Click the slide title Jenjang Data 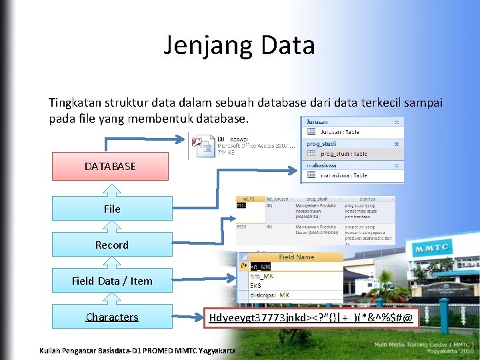pos(239,45)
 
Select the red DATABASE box pos(110,166)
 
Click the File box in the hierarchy pos(112,209)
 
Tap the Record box pos(112,245)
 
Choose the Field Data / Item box pos(112,281)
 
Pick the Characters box pos(112,317)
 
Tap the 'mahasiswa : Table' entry pos(343,175)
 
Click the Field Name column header pos(297,257)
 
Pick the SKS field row pos(256,285)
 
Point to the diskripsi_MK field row pos(269,295)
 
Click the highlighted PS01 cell pos(242,207)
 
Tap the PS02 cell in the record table pos(243,227)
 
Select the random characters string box pos(311,318)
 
